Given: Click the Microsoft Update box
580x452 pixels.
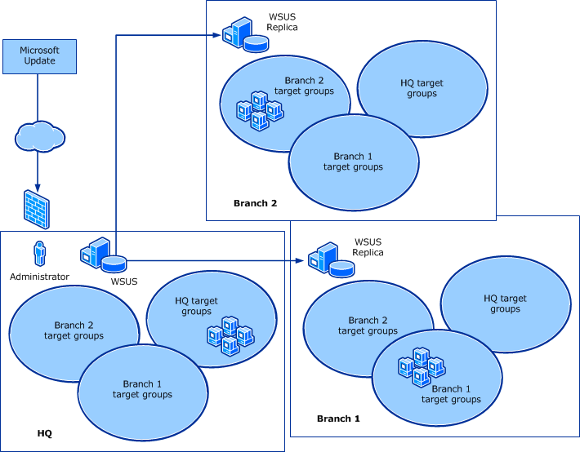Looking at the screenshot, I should tap(40, 56).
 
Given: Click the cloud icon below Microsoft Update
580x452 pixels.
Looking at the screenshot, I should tap(38, 135).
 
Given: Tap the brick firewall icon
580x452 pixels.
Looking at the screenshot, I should tap(36, 210).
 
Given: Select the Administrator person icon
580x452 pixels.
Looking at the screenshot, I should tap(38, 255).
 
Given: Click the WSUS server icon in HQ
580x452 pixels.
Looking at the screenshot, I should tap(103, 255).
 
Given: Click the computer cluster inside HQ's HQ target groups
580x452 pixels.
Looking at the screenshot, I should tap(230, 337).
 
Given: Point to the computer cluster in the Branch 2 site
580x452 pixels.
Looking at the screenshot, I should tap(259, 112).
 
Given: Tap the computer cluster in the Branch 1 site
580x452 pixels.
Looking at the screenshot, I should tap(421, 366).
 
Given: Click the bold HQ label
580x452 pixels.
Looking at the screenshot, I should tap(45, 433).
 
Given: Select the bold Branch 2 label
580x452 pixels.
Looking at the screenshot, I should tap(256, 203).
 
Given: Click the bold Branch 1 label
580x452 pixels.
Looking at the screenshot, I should tap(338, 419).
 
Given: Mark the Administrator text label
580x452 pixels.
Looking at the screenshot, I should tap(39, 277).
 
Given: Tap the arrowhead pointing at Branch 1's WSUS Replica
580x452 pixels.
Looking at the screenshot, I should tap(301, 261).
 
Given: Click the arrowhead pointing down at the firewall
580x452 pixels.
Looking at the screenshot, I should tap(38, 183).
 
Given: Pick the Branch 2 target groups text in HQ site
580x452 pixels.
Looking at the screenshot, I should tap(74, 330).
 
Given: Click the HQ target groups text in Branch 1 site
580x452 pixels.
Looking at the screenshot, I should tap(505, 304).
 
